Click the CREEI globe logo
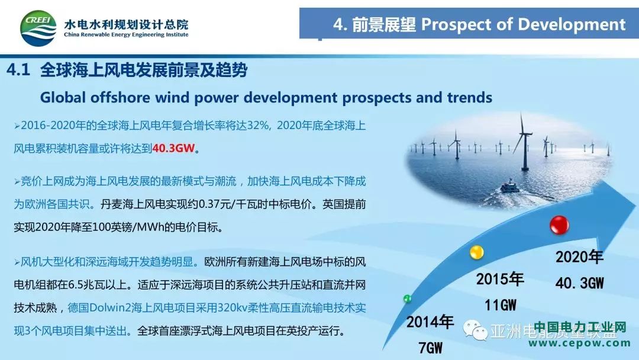[x=38, y=28]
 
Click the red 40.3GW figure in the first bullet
[x=173, y=148]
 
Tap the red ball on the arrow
[x=559, y=224]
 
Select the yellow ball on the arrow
[x=476, y=252]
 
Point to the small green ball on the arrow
[x=407, y=299]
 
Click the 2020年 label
[x=579, y=257]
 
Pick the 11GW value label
[x=501, y=305]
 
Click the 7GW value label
[x=431, y=348]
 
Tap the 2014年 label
[x=430, y=322]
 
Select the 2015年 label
[x=500, y=279]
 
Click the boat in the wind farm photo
[x=510, y=187]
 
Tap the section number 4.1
[x=18, y=70]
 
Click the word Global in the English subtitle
[x=63, y=98]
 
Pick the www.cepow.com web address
[x=579, y=343]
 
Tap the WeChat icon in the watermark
[x=475, y=329]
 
